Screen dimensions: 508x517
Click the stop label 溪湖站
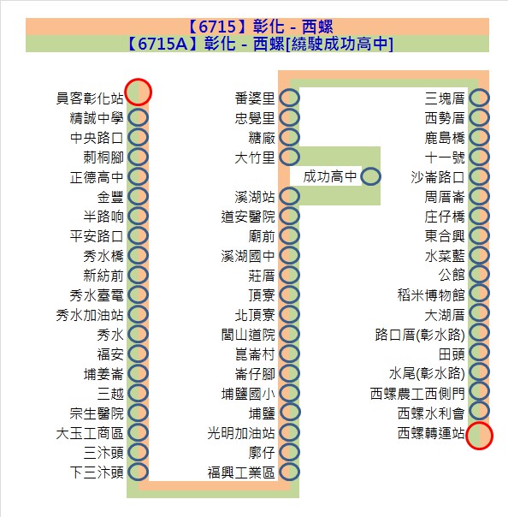pyautogui.click(x=255, y=197)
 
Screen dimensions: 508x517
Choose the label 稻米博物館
pyautogui.click(x=431, y=295)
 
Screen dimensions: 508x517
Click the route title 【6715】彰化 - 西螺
pyautogui.click(x=260, y=27)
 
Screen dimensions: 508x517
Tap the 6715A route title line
pyautogui.click(x=260, y=44)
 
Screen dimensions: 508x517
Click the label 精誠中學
pyautogui.click(x=97, y=118)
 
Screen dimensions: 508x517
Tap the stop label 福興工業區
pyautogui.click(x=241, y=472)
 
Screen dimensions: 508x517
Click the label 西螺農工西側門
pyautogui.click(x=417, y=394)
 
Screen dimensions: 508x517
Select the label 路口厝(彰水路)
pyautogui.click(x=420, y=335)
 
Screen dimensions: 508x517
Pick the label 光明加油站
pyautogui.click(x=241, y=433)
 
